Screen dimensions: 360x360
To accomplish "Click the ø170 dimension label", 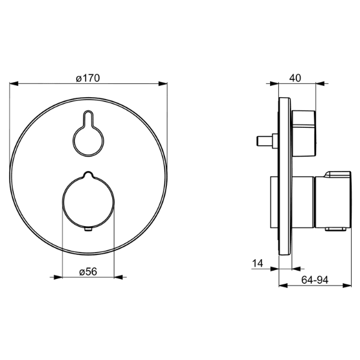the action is [88, 78].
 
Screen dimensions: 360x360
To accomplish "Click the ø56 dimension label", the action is [88, 272].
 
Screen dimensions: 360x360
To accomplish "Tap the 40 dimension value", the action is [295, 78].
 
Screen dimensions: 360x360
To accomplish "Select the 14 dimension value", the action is [257, 263].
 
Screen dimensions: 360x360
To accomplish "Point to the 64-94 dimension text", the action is [315, 280].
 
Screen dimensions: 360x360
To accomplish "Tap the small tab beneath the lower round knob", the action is [88, 229].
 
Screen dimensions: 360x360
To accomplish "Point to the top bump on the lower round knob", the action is [88, 174].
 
